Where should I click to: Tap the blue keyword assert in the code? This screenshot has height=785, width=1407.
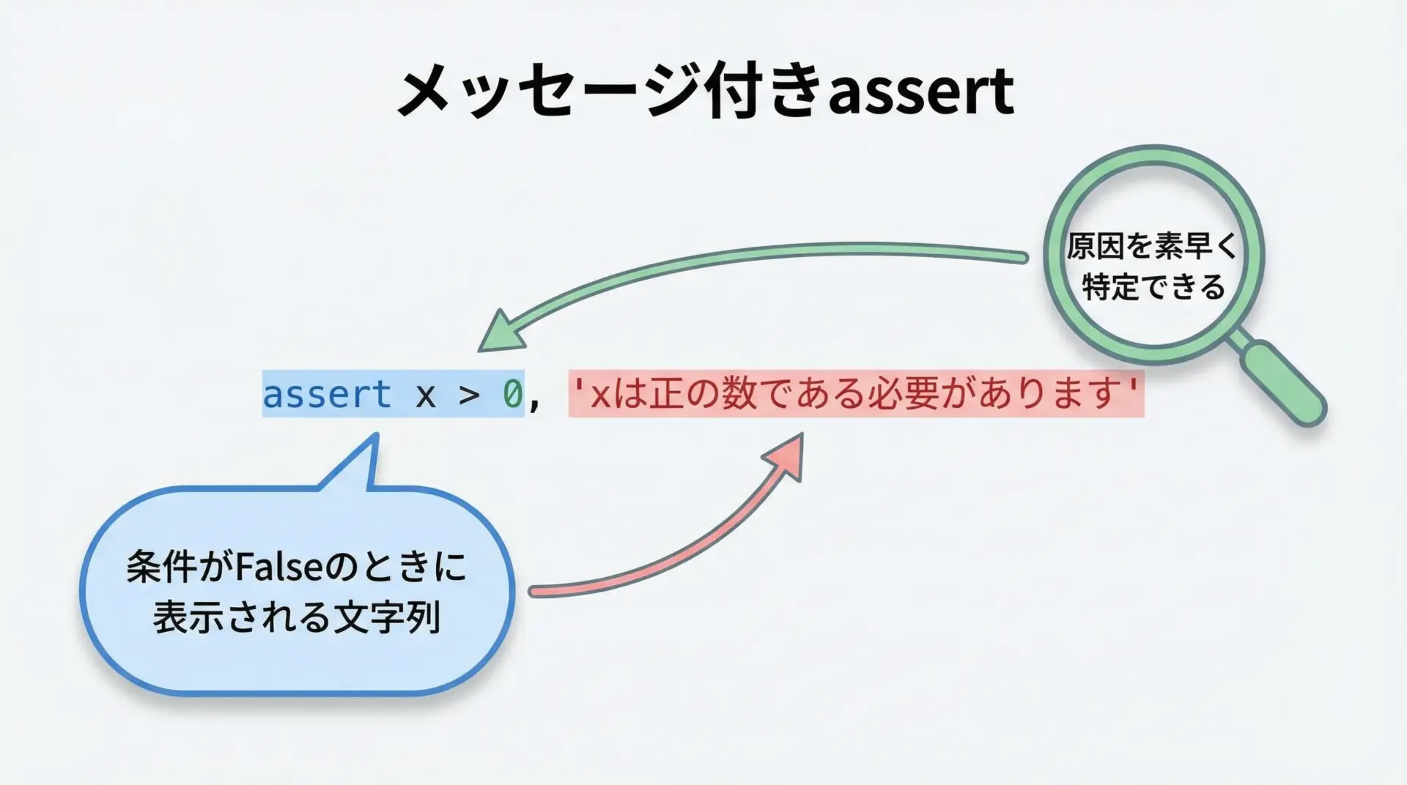327,395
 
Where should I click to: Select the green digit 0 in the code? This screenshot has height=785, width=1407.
512,395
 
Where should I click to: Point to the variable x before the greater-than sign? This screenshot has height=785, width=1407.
426,396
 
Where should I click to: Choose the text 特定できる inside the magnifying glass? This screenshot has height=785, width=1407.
1153,286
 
